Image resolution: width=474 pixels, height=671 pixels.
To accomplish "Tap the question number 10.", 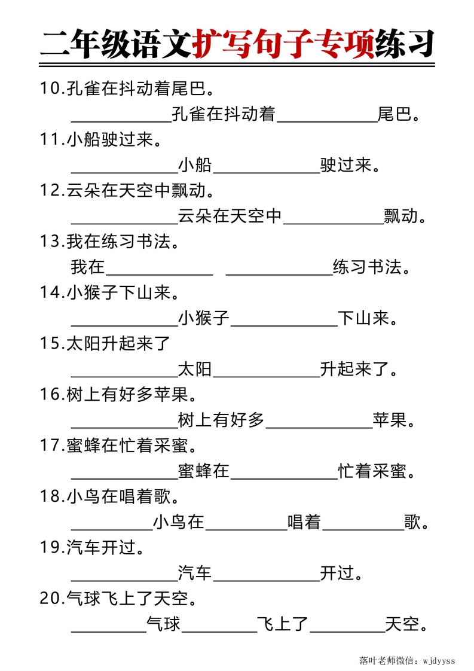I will (x=51, y=89).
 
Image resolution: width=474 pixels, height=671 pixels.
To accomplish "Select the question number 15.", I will (x=51, y=344).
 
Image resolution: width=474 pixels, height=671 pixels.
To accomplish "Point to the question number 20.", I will (x=51, y=599).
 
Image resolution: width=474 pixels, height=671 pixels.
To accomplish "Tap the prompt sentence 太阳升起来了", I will (x=119, y=344).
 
